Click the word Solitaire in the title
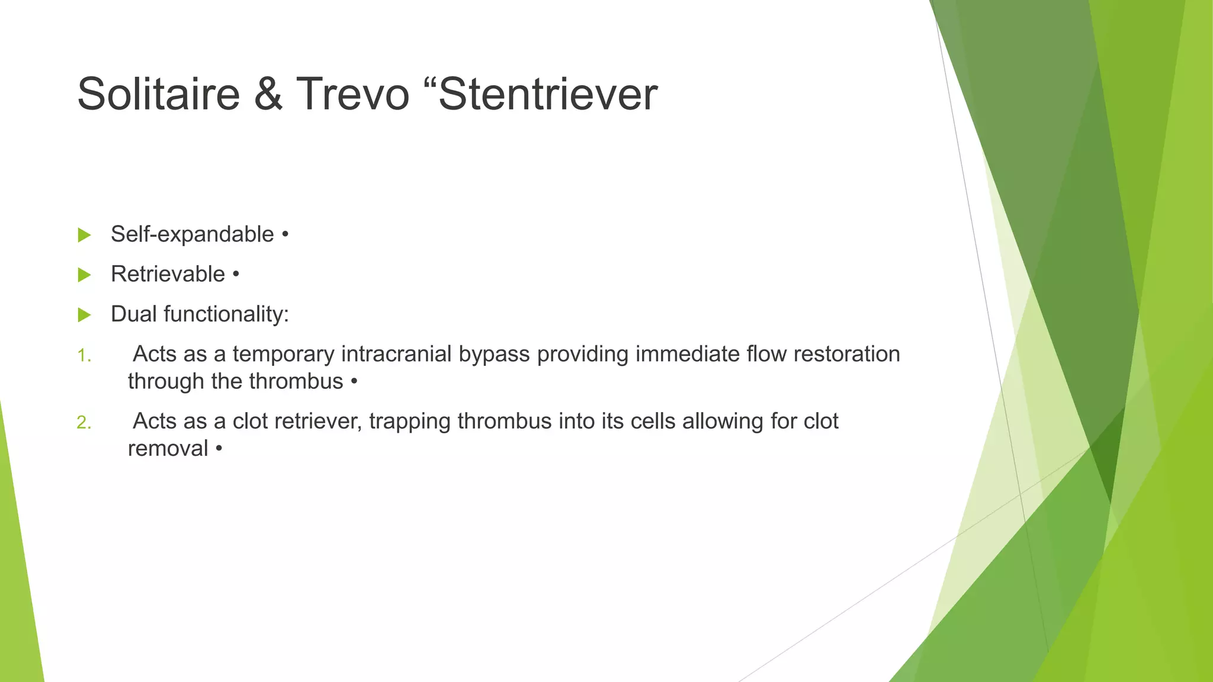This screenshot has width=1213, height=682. tap(158, 94)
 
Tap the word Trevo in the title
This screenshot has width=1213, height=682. tap(352, 94)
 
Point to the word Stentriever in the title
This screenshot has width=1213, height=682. tap(548, 94)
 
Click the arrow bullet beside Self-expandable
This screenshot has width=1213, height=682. tap(85, 235)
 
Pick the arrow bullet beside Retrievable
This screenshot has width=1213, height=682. tap(85, 275)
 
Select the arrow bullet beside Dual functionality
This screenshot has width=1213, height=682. tap(85, 314)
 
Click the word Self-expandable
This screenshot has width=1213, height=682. tap(192, 234)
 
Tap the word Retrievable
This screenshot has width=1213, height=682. tap(168, 274)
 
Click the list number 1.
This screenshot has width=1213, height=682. tap(84, 356)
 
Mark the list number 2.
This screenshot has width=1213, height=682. tap(84, 423)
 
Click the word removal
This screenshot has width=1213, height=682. tap(168, 448)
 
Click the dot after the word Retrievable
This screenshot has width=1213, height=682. tap(236, 275)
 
